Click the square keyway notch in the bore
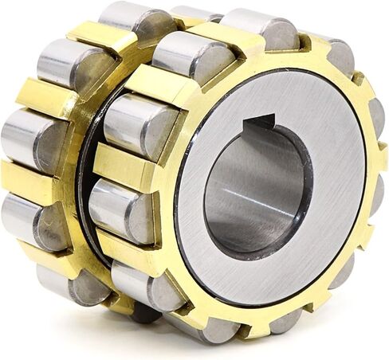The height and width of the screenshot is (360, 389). point(260,123)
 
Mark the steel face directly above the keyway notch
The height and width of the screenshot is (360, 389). point(263,92)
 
